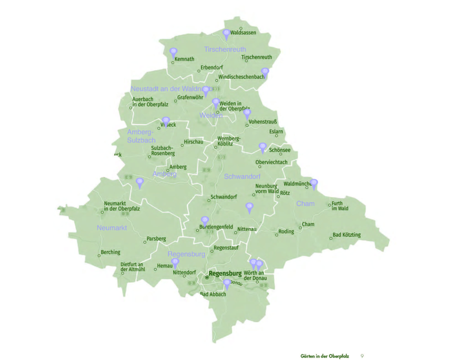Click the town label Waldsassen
point(243,33)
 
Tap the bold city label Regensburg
point(225,273)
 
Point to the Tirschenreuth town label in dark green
point(256,57)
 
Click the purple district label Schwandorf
point(242,176)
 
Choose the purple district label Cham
point(306,204)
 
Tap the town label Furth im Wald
point(340,206)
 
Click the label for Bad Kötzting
point(346,235)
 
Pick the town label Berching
point(111,252)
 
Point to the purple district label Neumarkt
point(112,228)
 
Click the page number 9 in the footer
point(362,356)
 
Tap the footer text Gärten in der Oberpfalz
point(325,356)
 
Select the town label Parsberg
point(156,238)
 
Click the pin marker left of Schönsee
point(262,148)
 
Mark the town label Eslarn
point(276,132)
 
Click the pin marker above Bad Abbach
point(227,283)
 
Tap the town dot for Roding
point(277,234)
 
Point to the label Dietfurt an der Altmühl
point(132,267)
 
